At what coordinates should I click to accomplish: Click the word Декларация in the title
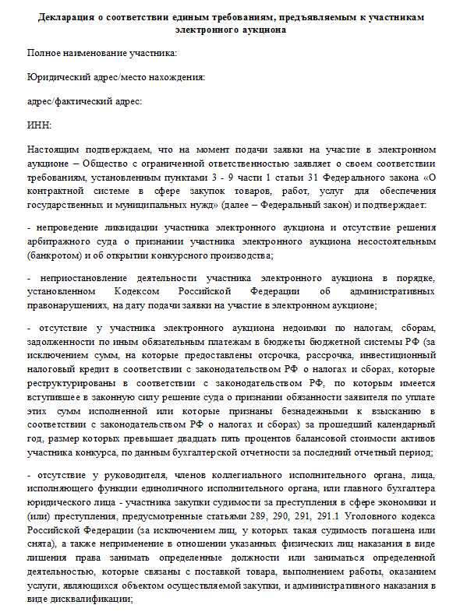tap(66, 17)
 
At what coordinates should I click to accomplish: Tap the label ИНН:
tap(40, 124)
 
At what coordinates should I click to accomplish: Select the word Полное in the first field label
tap(44, 53)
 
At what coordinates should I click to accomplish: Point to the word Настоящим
tap(54, 148)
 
